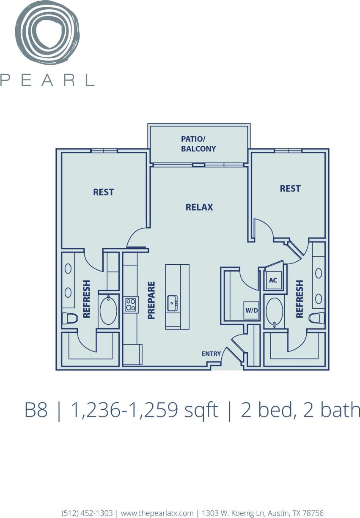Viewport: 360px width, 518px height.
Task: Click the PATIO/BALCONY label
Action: (x=198, y=143)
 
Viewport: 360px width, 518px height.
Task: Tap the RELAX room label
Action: (x=199, y=207)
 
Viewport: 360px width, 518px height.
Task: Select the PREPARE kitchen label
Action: (x=151, y=300)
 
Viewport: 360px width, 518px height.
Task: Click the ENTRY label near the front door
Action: (x=211, y=354)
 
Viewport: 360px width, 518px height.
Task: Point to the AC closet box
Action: (x=273, y=280)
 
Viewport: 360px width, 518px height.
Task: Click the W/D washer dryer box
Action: (x=251, y=310)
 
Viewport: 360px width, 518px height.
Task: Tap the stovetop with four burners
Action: (x=131, y=304)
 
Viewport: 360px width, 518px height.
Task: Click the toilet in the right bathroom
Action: (x=317, y=318)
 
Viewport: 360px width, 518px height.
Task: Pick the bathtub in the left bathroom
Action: (x=108, y=311)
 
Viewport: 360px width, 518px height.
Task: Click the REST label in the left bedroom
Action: (x=104, y=192)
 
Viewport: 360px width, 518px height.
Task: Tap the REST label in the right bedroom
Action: (x=290, y=188)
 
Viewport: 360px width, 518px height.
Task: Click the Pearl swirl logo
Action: (x=47, y=33)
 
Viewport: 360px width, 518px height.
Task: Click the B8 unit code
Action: (x=36, y=411)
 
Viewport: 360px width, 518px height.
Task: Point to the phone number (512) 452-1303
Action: (x=87, y=513)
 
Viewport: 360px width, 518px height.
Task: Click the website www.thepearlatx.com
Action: (x=157, y=513)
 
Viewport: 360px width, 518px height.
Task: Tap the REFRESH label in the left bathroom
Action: (x=87, y=299)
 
